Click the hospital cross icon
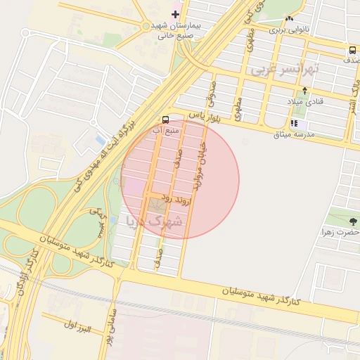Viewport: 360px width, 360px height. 176,14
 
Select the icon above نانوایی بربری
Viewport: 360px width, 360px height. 289,18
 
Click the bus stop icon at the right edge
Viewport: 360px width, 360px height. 352,50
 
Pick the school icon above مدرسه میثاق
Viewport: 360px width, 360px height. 294,123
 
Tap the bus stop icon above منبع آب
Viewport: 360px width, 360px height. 165,120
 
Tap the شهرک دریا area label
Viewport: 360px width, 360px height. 153,221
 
